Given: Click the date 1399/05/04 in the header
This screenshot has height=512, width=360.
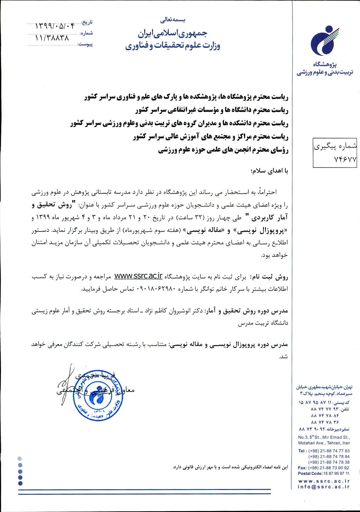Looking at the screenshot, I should pyautogui.click(x=54, y=26).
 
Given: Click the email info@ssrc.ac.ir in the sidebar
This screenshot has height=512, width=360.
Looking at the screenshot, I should pyautogui.click(x=324, y=487).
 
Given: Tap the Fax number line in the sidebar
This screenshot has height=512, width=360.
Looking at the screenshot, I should pyautogui.click(x=324, y=468).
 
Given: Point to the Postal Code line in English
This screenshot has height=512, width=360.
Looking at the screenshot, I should pyautogui.click(x=324, y=473).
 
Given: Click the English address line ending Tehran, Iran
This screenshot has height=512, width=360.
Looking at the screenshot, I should pyautogui.click(x=324, y=443).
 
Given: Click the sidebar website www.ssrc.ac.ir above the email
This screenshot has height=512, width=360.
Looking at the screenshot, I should pyautogui.click(x=324, y=481).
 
